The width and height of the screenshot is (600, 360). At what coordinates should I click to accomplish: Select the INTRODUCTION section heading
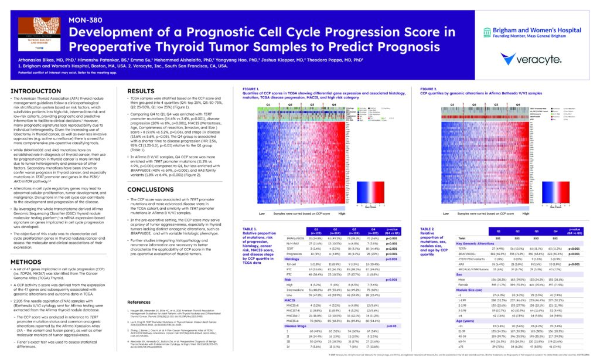[36, 91]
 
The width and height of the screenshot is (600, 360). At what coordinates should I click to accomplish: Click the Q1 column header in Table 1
[317, 230]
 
